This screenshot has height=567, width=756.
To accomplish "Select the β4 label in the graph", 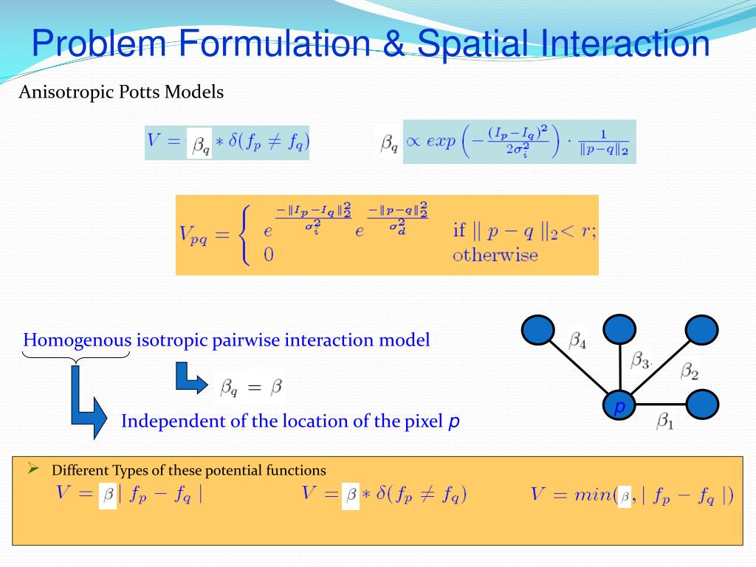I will pos(578,341).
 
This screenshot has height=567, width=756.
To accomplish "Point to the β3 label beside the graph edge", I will pos(640,360).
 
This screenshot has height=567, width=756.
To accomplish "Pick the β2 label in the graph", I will pos(690,371).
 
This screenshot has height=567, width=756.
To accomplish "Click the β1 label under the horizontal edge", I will pos(666,422).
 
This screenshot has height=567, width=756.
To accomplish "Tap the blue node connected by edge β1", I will pos(702,405).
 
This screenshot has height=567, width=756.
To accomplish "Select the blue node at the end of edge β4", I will pos(537,329).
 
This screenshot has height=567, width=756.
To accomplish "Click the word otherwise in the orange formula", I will pos(495,255).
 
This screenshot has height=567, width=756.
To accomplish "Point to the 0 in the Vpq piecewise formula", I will pos(269,255).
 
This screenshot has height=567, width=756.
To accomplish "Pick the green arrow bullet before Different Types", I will pos(33,468).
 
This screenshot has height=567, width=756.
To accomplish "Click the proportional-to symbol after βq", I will pos(413,142).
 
